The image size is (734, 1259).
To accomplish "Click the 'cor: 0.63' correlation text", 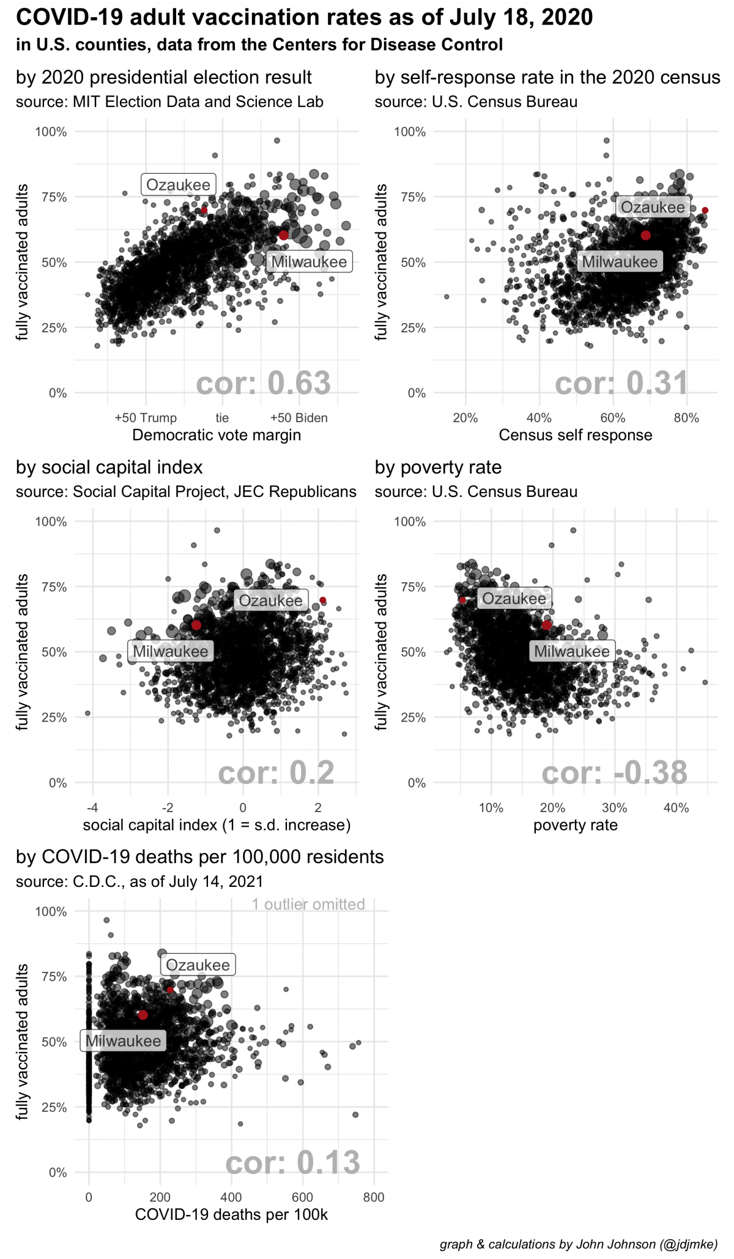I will click(263, 384).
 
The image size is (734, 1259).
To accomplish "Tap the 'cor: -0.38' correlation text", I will click(614, 773).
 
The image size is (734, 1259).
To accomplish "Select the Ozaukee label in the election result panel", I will click(178, 185).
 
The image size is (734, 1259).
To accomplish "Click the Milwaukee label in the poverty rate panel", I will click(571, 651).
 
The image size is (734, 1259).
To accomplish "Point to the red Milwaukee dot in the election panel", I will click(284, 235).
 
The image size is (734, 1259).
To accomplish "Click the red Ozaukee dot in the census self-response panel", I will click(705, 210).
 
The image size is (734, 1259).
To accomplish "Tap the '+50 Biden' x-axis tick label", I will click(298, 418).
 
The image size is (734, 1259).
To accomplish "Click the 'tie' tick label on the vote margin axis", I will click(222, 418).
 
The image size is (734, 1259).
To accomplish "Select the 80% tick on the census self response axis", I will click(686, 418).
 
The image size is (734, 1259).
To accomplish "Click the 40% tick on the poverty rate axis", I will click(676, 808).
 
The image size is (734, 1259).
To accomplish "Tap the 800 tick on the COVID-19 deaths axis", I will click(374, 1197).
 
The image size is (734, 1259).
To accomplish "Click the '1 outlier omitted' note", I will click(308, 905).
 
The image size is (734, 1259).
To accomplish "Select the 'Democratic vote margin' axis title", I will click(217, 435).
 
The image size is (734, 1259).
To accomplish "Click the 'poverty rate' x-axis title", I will click(575, 825).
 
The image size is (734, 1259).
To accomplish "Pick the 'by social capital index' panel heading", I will click(109, 468).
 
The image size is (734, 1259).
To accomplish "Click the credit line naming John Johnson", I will click(578, 1244).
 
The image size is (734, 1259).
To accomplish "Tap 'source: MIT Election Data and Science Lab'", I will click(169, 102).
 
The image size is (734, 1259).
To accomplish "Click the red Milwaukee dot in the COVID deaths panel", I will click(143, 1015).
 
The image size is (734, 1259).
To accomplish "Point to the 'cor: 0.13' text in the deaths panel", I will click(292, 1163).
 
